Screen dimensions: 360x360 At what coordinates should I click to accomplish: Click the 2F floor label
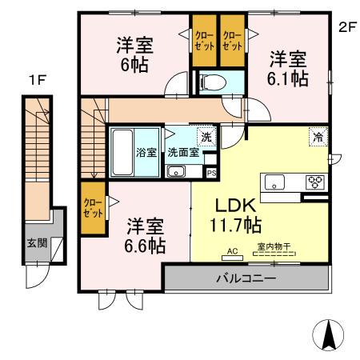point(346,26)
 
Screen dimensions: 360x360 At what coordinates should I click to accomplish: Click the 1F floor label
point(35,80)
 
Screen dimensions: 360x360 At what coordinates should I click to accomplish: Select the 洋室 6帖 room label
point(134,55)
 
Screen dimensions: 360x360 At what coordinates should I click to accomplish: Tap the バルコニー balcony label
point(247,278)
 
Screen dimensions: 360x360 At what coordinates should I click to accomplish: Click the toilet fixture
point(212,81)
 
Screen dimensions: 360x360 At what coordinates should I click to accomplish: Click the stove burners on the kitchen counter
point(314,181)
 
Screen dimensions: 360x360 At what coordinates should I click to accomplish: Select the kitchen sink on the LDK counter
point(275,182)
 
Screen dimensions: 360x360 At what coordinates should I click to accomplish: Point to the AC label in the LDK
point(233,251)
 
